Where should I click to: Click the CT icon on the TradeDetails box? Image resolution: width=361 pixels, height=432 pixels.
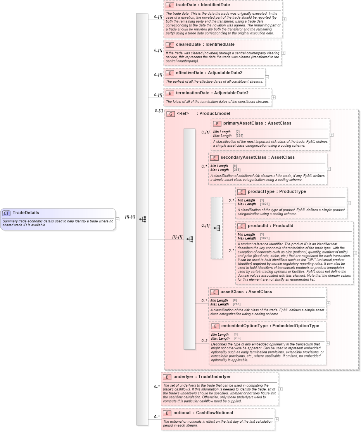pyautogui.click(x=7, y=213)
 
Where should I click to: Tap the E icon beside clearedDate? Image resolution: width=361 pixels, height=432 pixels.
pyautogui.click(x=169, y=45)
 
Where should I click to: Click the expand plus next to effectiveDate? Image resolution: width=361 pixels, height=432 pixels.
pyautogui.click(x=267, y=77)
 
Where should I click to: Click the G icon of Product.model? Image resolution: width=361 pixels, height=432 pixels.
pyautogui.click(x=170, y=114)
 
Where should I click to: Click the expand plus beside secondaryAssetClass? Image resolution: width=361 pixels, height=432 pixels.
pyautogui.click(x=329, y=169)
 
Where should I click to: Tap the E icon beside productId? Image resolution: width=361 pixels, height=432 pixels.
pyautogui.click(x=241, y=226)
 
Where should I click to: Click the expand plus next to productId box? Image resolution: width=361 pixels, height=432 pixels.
pyautogui.click(x=355, y=253)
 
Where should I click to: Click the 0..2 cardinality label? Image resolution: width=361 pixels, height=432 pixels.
pyautogui.click(x=204, y=341)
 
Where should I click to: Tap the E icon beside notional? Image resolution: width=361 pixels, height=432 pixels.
pyautogui.click(x=167, y=413)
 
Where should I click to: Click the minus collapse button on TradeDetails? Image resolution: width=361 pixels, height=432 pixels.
pyautogui.click(x=117, y=219)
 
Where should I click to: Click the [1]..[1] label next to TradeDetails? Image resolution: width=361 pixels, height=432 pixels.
pyautogui.click(x=130, y=217)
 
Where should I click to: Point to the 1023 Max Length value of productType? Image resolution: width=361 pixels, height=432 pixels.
pyautogui.click(x=265, y=204)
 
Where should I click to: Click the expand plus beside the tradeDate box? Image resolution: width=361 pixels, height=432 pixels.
pyautogui.click(x=285, y=19)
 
